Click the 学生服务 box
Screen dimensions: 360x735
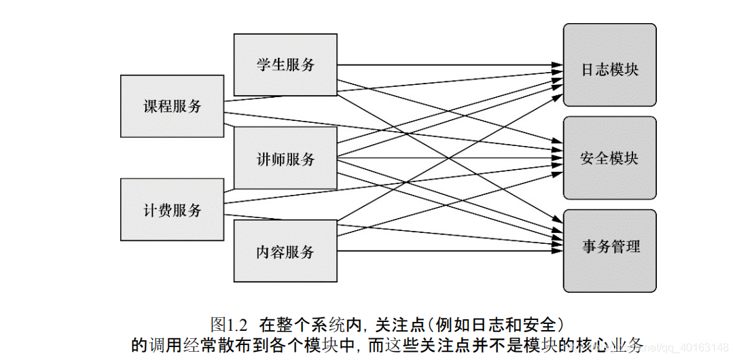(x=285, y=65)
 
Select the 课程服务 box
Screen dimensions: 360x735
(x=172, y=106)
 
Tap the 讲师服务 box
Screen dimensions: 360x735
(x=285, y=159)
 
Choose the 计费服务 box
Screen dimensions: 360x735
(x=172, y=210)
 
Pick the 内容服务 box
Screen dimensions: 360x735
(x=285, y=252)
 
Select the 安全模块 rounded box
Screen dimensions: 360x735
(x=609, y=158)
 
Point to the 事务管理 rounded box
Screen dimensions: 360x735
(x=609, y=247)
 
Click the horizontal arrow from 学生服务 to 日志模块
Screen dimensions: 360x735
(x=448, y=66)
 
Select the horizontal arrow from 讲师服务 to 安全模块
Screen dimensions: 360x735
(x=448, y=159)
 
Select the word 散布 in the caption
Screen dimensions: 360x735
(x=247, y=345)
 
